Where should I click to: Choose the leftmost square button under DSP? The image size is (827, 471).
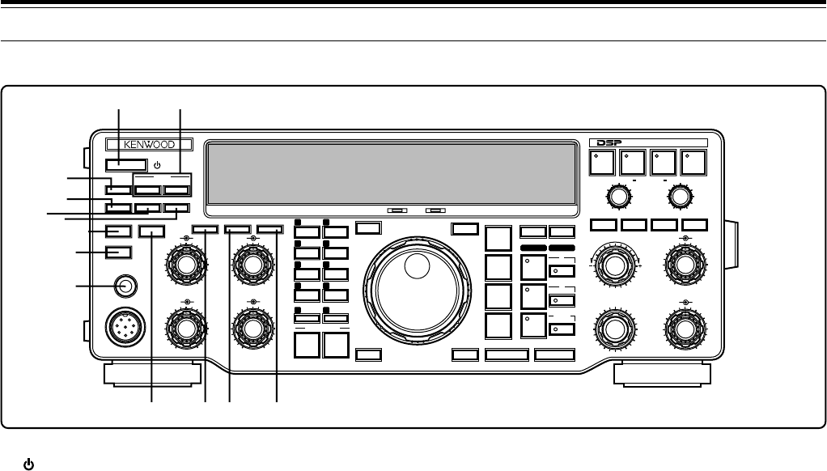600,162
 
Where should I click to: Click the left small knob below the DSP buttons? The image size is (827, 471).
618,196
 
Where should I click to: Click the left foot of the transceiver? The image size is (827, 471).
152,375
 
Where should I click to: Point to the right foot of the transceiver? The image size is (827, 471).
662,375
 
